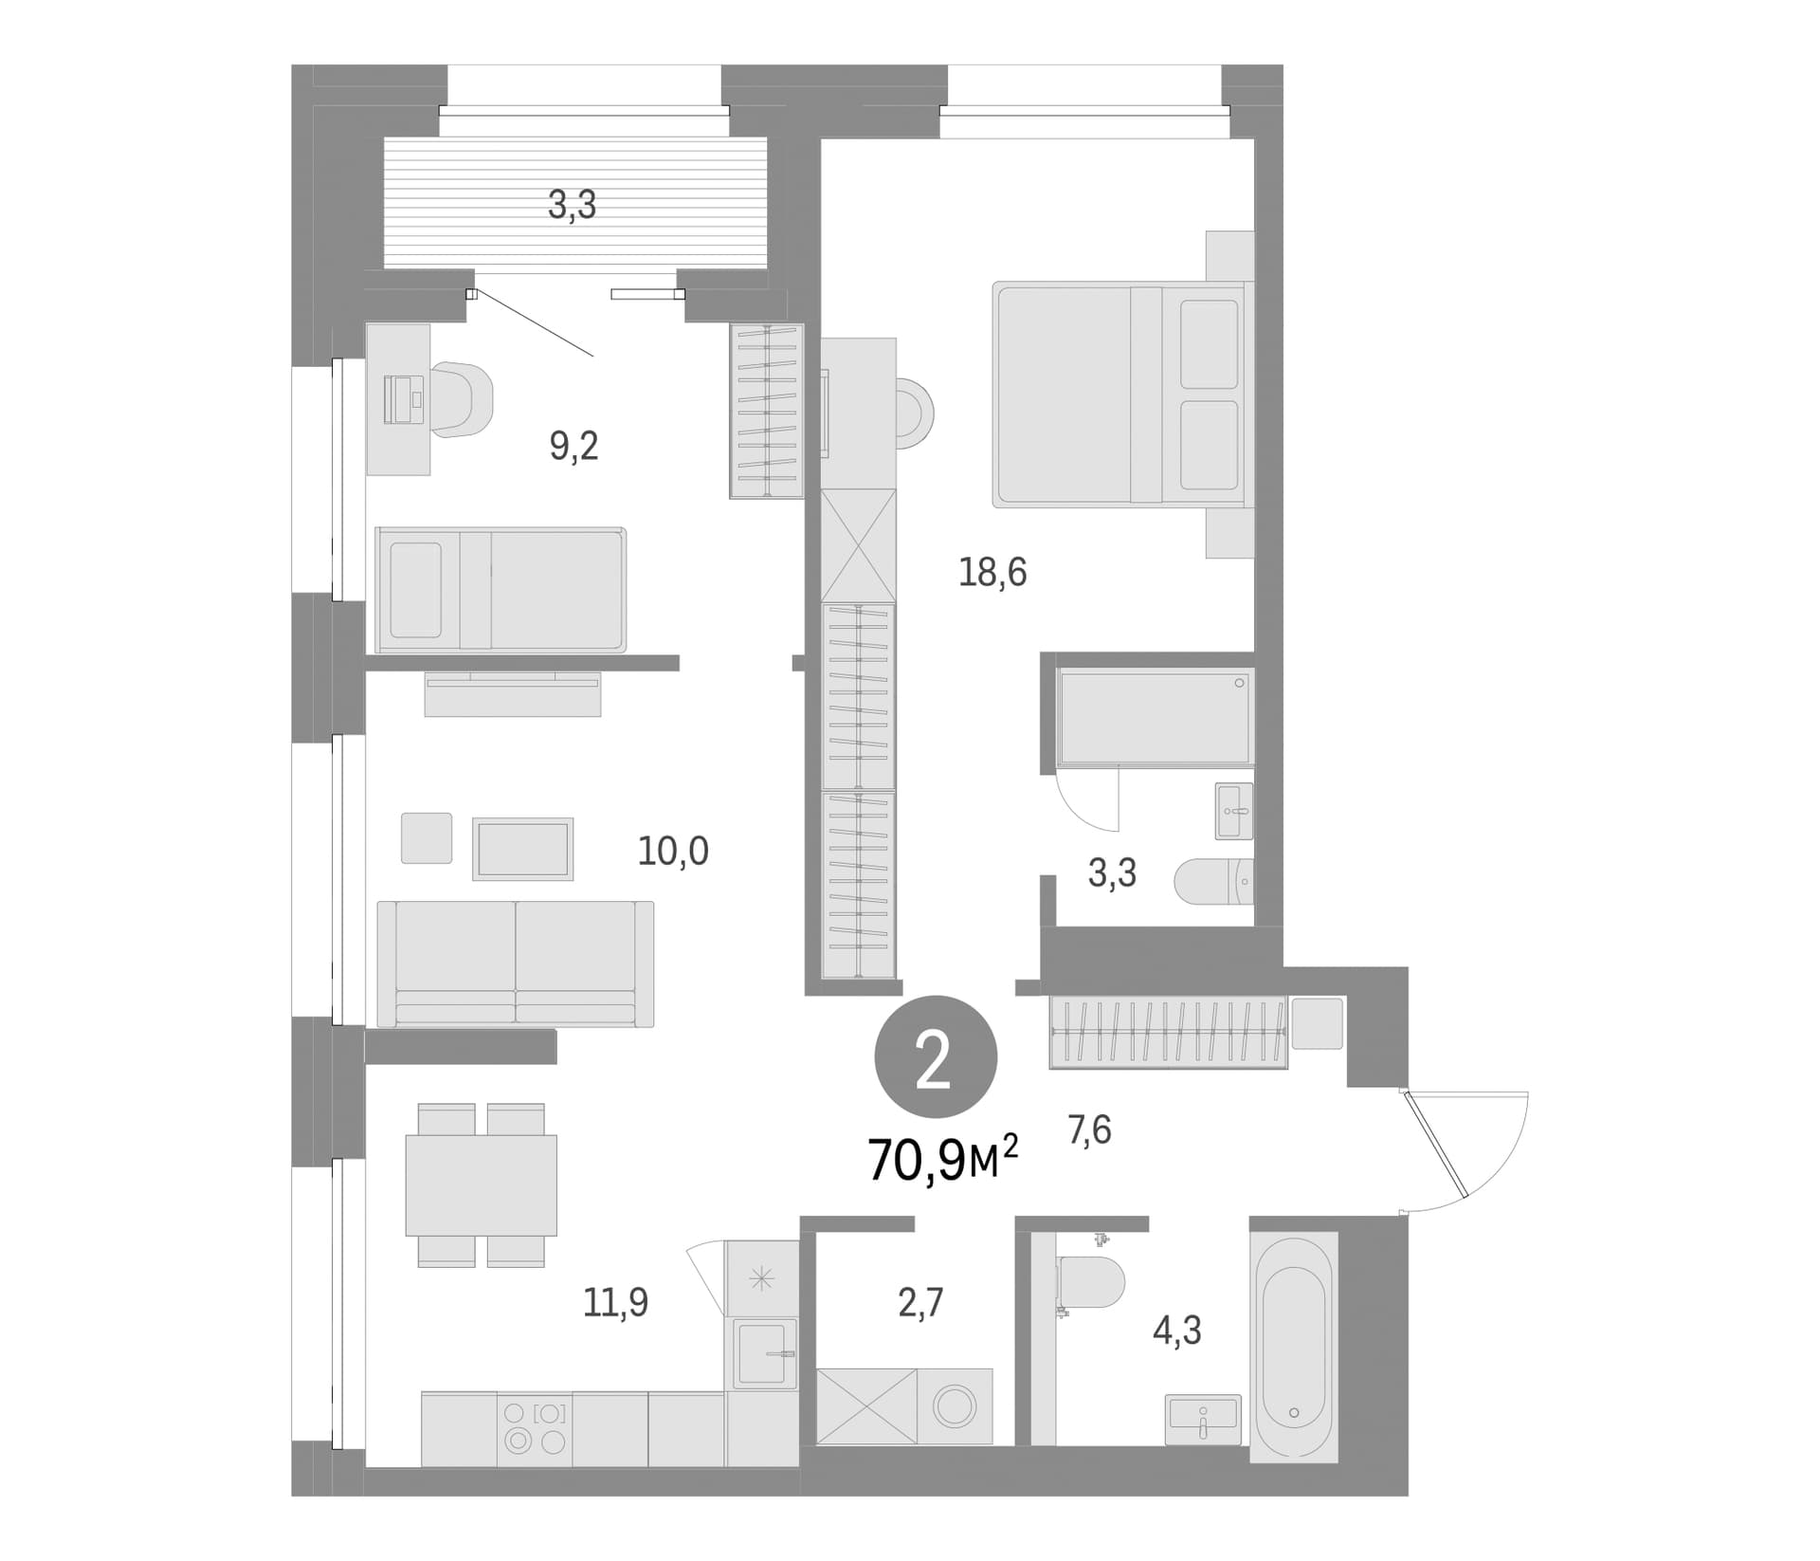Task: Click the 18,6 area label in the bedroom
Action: click(x=992, y=573)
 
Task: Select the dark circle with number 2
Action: click(x=936, y=1056)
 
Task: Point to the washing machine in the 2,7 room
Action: click(x=955, y=1406)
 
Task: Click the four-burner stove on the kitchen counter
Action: click(x=535, y=1429)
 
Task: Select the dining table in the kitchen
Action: click(x=482, y=1185)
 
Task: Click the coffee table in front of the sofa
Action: click(x=523, y=849)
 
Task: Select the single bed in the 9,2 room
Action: click(x=500, y=590)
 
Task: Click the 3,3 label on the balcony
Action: click(x=573, y=205)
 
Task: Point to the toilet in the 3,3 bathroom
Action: click(x=1213, y=882)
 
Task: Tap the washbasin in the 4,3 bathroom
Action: click(x=1203, y=1420)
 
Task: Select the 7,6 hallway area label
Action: click(x=1089, y=1130)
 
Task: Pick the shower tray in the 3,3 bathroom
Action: click(x=1156, y=716)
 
